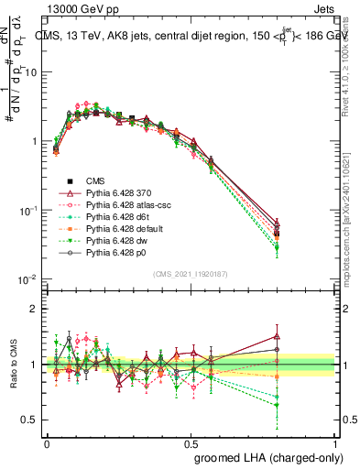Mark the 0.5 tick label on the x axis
tap(191, 442)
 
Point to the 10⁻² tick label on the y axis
tap(30, 278)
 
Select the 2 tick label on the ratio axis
tap(38, 309)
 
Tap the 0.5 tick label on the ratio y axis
tap(33, 420)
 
